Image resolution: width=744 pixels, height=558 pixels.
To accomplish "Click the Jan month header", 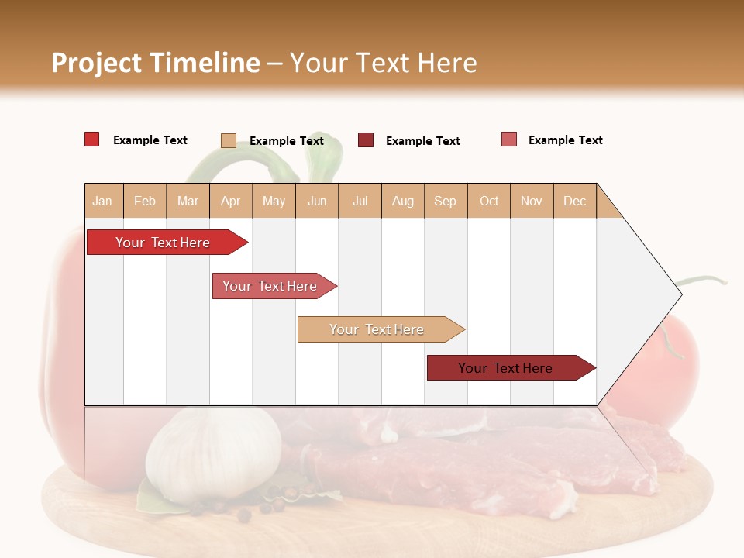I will point(102,201).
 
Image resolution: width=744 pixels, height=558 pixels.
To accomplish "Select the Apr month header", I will point(231,201).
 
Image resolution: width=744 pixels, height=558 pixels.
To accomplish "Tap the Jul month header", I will point(360,201).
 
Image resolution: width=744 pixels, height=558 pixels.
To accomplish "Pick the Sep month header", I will point(445,201).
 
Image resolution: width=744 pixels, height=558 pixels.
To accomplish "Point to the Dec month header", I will point(574,201).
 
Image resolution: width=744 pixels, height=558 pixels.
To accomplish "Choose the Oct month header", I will point(489,201).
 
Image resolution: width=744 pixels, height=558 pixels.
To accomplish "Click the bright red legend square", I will point(92,139).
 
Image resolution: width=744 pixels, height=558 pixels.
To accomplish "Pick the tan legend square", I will point(229,140).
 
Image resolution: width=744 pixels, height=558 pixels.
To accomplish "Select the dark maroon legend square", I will point(366,140).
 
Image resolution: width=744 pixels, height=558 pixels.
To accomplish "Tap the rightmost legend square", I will point(509,139).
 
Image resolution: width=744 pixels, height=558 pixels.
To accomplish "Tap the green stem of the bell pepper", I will point(232,163).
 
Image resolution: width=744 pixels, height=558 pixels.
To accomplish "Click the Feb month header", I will point(145,201).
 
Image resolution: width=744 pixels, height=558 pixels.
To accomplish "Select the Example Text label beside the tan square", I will point(287,141).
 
